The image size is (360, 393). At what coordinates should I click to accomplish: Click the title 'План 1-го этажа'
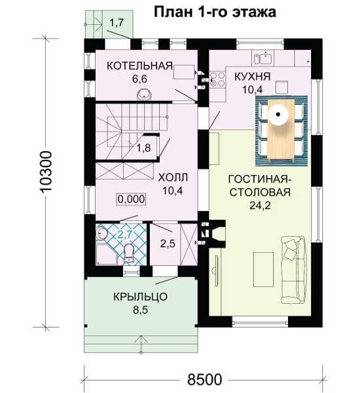[215, 12]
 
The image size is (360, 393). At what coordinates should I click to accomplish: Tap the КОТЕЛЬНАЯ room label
[139, 65]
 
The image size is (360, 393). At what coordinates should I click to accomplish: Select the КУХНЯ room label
[252, 77]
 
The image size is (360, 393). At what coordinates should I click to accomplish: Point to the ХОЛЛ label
[173, 178]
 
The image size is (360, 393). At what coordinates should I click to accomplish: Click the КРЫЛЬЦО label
[140, 297]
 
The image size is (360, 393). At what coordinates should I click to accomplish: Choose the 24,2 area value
[260, 206]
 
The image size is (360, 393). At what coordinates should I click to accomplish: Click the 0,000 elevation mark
[132, 199]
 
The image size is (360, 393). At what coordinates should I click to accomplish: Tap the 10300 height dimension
[46, 172]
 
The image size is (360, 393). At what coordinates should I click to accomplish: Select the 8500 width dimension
[204, 379]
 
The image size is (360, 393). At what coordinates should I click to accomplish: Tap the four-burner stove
[217, 79]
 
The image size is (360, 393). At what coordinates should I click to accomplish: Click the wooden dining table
[281, 129]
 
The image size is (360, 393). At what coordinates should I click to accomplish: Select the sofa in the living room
[294, 270]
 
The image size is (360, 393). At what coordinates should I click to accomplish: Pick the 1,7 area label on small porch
[117, 23]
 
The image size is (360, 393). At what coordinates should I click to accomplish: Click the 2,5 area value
[168, 243]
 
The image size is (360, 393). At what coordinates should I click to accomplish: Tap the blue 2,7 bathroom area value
[125, 235]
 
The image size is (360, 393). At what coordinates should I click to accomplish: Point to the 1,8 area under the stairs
[143, 148]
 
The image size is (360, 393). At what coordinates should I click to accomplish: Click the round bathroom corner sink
[101, 233]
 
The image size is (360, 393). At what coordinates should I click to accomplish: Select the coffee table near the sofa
[263, 270]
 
